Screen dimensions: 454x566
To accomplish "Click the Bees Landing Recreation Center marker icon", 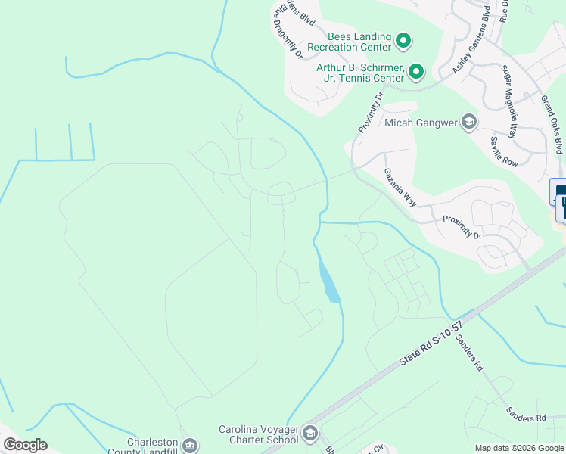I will [403, 40].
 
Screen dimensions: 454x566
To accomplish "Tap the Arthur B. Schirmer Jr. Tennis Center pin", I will [416, 73].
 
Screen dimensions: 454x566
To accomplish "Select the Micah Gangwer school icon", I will [469, 123].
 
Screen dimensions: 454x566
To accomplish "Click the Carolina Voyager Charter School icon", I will [309, 434].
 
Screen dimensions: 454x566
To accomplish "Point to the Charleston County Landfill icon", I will [191, 446].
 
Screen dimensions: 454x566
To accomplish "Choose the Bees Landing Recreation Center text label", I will [359, 41].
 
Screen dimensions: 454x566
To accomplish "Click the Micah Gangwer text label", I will [421, 123].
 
